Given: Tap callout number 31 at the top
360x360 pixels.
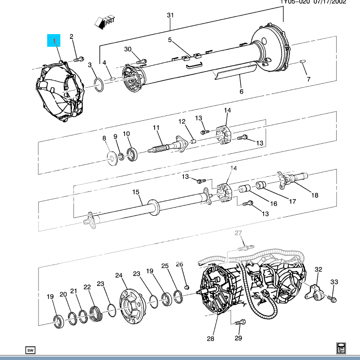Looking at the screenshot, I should pos(170,16).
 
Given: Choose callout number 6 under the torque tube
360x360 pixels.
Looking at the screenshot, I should pos(240,91).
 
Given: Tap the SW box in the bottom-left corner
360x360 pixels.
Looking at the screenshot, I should pos(30,350).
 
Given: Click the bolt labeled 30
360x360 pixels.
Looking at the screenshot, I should pos(142,61).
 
